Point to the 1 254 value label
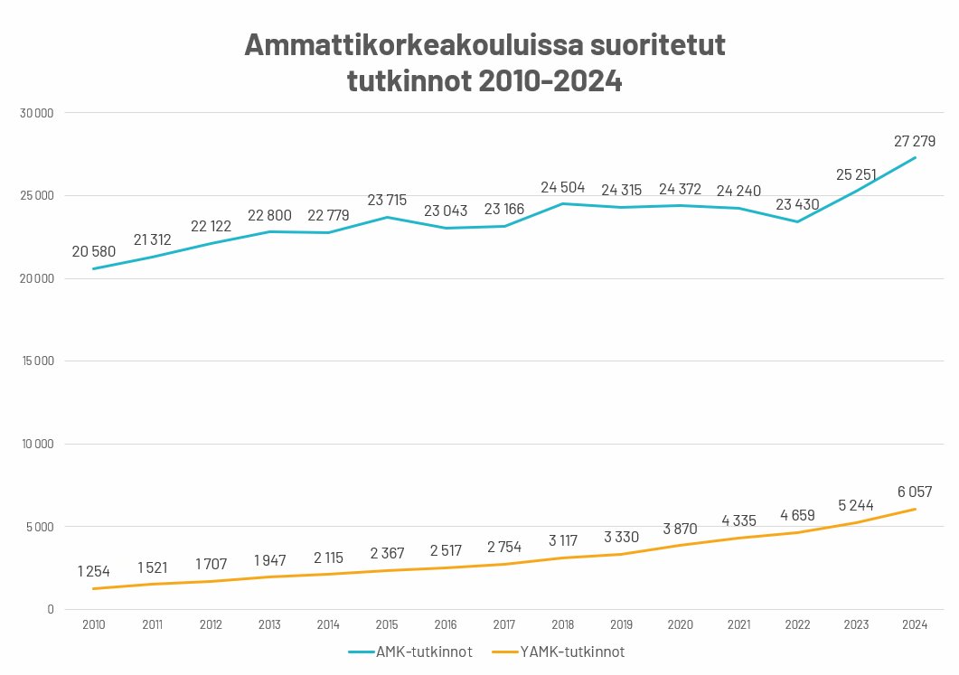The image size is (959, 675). point(93,571)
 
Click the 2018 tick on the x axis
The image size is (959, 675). point(563,624)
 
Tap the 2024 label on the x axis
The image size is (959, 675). point(916,624)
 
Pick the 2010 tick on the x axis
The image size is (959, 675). point(93,624)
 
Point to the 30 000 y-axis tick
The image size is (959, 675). point(37,113)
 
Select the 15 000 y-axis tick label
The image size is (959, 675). point(37,361)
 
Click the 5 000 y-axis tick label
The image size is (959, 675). point(40,527)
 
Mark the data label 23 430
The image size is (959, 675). point(798,204)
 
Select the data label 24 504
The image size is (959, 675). point(563,187)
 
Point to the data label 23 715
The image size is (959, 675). point(387,200)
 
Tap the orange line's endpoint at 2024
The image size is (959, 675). point(916,509)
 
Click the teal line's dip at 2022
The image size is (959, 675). point(798,221)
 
